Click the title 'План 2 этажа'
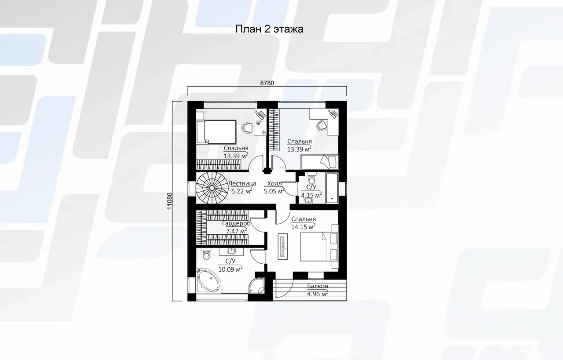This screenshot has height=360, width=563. tap(269, 29)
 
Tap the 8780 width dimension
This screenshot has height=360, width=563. tap(267, 83)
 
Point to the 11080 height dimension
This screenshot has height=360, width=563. tap(169, 201)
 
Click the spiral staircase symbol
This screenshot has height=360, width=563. tap(212, 188)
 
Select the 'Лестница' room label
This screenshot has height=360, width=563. tap(242, 183)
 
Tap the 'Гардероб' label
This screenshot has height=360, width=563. tap(237, 223)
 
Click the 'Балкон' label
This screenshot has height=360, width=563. tap(318, 286)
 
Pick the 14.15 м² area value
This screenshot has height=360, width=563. tap(303, 227)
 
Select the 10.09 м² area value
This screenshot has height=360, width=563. tap(230, 269)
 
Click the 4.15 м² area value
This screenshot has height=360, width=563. tap(311, 195)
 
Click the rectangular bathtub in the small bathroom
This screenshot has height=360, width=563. tap(332, 188)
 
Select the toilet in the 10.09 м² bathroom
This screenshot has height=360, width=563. tap(206, 254)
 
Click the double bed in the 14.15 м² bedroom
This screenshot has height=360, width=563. tap(319, 247)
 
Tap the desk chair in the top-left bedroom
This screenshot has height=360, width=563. tap(247, 127)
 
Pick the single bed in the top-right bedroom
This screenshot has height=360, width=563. tap(319, 162)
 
